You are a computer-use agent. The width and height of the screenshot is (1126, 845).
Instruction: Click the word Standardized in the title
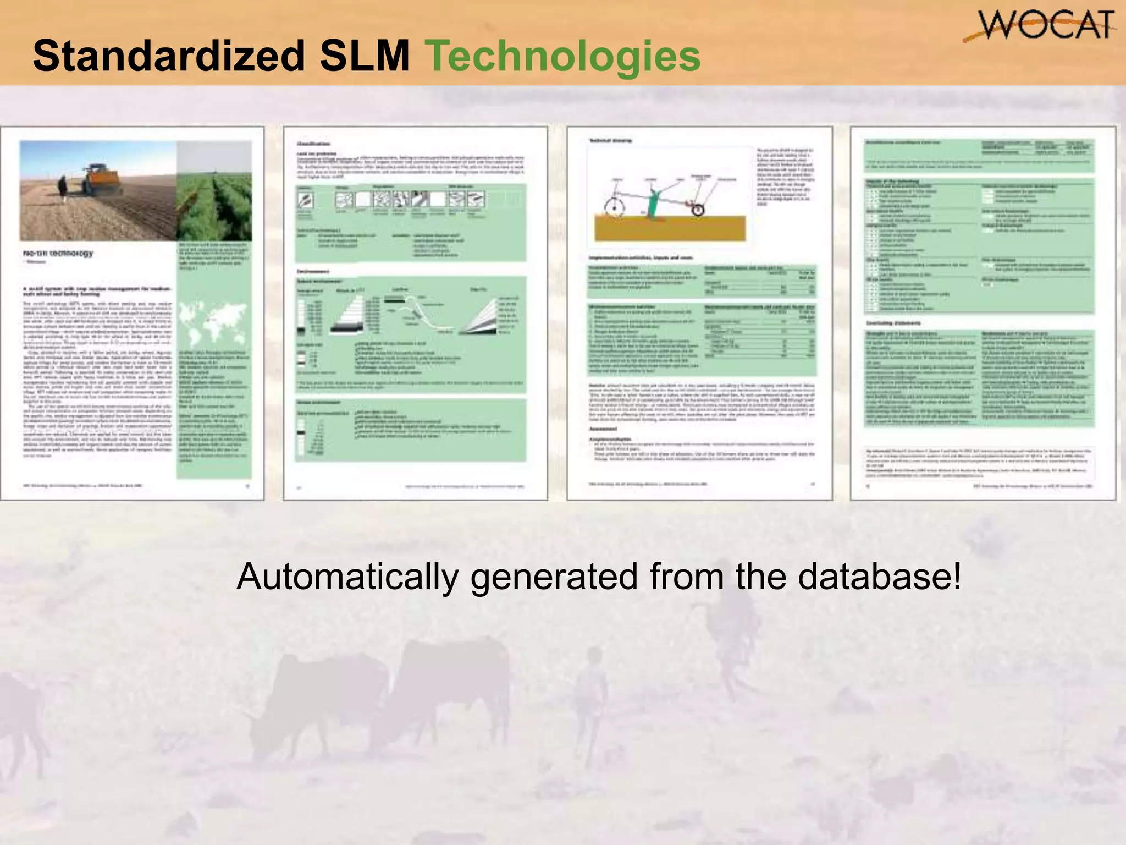(168, 56)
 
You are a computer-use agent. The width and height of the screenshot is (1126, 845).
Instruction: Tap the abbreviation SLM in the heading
(365, 56)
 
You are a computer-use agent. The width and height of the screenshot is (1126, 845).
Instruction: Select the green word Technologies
(563, 57)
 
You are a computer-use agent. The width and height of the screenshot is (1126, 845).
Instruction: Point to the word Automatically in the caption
(347, 577)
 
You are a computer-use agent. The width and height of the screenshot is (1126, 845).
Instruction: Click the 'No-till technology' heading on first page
(58, 254)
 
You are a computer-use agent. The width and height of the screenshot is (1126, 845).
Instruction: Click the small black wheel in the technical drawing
(698, 210)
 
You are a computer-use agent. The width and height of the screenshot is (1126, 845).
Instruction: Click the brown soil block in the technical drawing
(670, 228)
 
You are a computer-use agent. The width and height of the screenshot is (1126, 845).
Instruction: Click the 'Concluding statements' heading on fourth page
(893, 323)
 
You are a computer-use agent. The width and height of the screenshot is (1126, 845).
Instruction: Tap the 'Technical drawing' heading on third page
(610, 141)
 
